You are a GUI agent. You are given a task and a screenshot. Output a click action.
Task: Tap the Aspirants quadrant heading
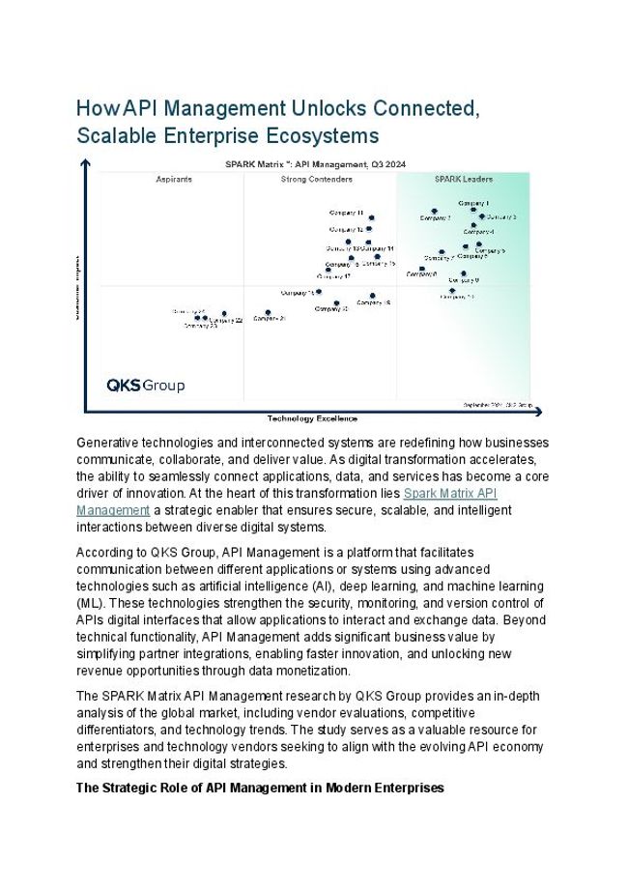174,180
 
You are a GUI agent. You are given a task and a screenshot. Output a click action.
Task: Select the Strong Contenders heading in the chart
317,180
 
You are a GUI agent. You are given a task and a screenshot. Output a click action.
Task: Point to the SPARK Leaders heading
464,180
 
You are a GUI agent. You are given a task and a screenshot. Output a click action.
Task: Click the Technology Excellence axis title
312,418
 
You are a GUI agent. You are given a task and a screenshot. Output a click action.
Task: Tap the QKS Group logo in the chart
145,386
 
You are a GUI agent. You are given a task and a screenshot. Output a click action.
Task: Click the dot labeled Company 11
371,218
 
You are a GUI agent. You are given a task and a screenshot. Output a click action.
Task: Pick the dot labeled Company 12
371,230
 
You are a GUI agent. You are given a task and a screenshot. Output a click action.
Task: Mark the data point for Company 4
473,226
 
